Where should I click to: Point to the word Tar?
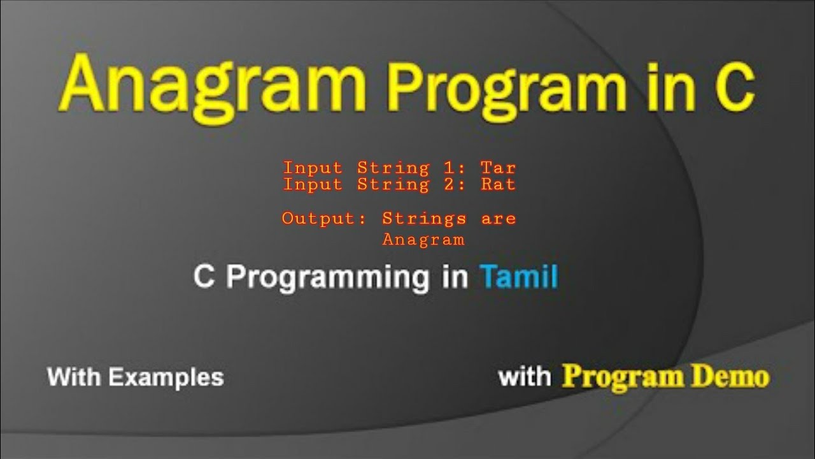[498, 168]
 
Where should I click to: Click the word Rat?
[498, 185]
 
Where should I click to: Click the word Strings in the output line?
[424, 219]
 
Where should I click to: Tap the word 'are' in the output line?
[499, 219]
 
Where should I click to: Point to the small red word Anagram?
[423, 240]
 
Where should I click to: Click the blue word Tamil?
[519, 277]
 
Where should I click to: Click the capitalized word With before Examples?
[74, 377]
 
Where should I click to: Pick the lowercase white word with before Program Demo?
[524, 376]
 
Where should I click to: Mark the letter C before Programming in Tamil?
[204, 277]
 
